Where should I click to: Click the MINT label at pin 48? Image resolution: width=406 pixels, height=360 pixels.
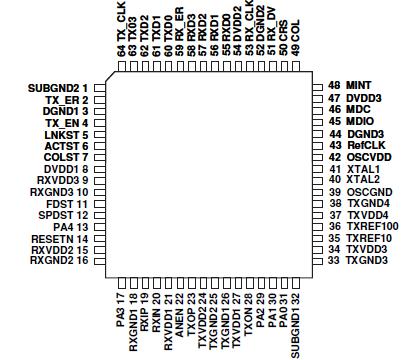(x=354, y=86)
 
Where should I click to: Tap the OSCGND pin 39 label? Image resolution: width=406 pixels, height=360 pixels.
(x=364, y=192)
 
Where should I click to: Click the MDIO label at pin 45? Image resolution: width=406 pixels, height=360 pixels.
(x=356, y=121)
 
